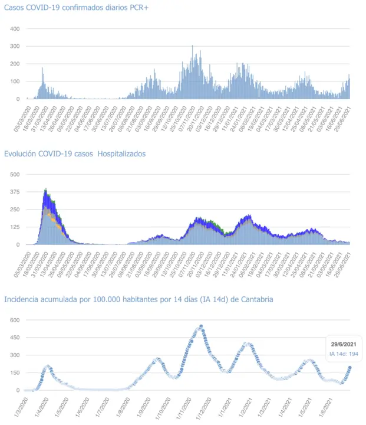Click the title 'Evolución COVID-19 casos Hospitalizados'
click(x=75, y=153)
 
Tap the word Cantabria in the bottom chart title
click(x=255, y=299)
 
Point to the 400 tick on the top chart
click(x=15, y=29)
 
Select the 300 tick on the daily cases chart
click(x=15, y=46)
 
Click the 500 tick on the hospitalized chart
click(x=15, y=174)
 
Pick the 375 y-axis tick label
click(x=15, y=192)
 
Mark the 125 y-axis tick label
click(x=15, y=227)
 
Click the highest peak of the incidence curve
click(x=201, y=326)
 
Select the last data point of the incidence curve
click(x=350, y=367)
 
